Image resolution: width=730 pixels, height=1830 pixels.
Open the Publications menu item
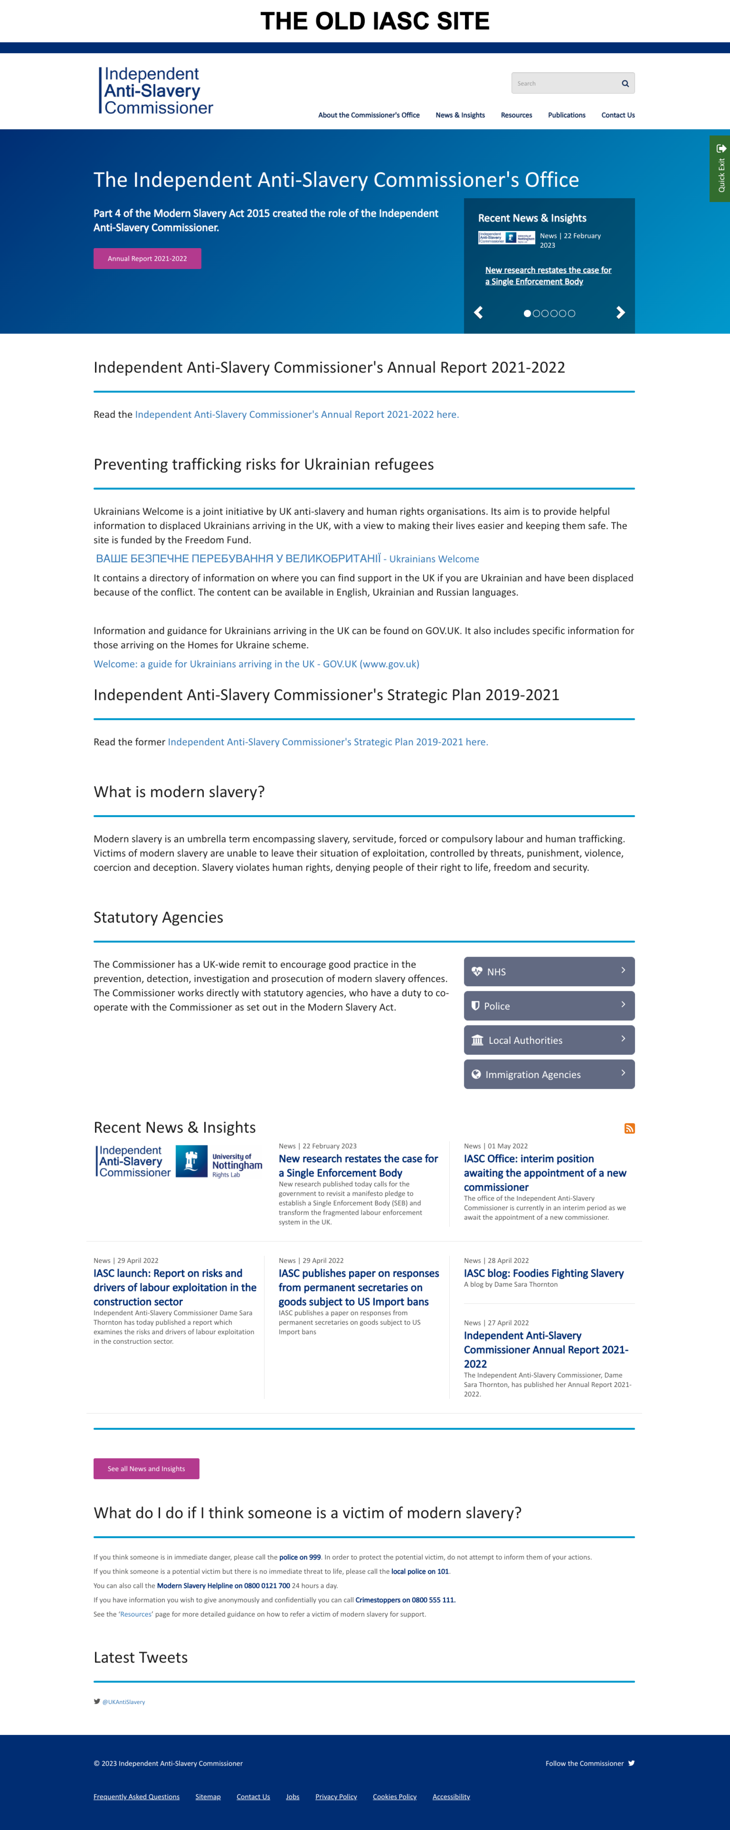click(x=566, y=115)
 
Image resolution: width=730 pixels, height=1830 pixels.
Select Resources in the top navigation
click(x=516, y=115)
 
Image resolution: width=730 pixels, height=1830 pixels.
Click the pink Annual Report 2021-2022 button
click(x=147, y=259)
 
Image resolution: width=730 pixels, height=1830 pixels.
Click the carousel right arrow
click(x=620, y=312)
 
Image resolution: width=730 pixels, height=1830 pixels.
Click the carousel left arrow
click(x=479, y=312)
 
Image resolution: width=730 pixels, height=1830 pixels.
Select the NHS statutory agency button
click(x=549, y=971)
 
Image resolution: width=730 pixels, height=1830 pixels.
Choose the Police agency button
click(x=549, y=1006)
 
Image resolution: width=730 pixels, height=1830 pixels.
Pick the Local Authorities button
click(x=549, y=1040)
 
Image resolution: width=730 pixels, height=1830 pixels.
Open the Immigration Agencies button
click(x=549, y=1074)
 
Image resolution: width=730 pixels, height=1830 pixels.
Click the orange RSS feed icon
click(x=629, y=1128)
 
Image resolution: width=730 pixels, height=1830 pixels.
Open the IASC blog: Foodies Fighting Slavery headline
click(x=543, y=1273)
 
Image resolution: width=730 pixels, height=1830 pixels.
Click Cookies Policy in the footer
click(x=394, y=1797)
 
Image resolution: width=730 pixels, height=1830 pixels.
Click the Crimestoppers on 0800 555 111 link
click(x=405, y=1600)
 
